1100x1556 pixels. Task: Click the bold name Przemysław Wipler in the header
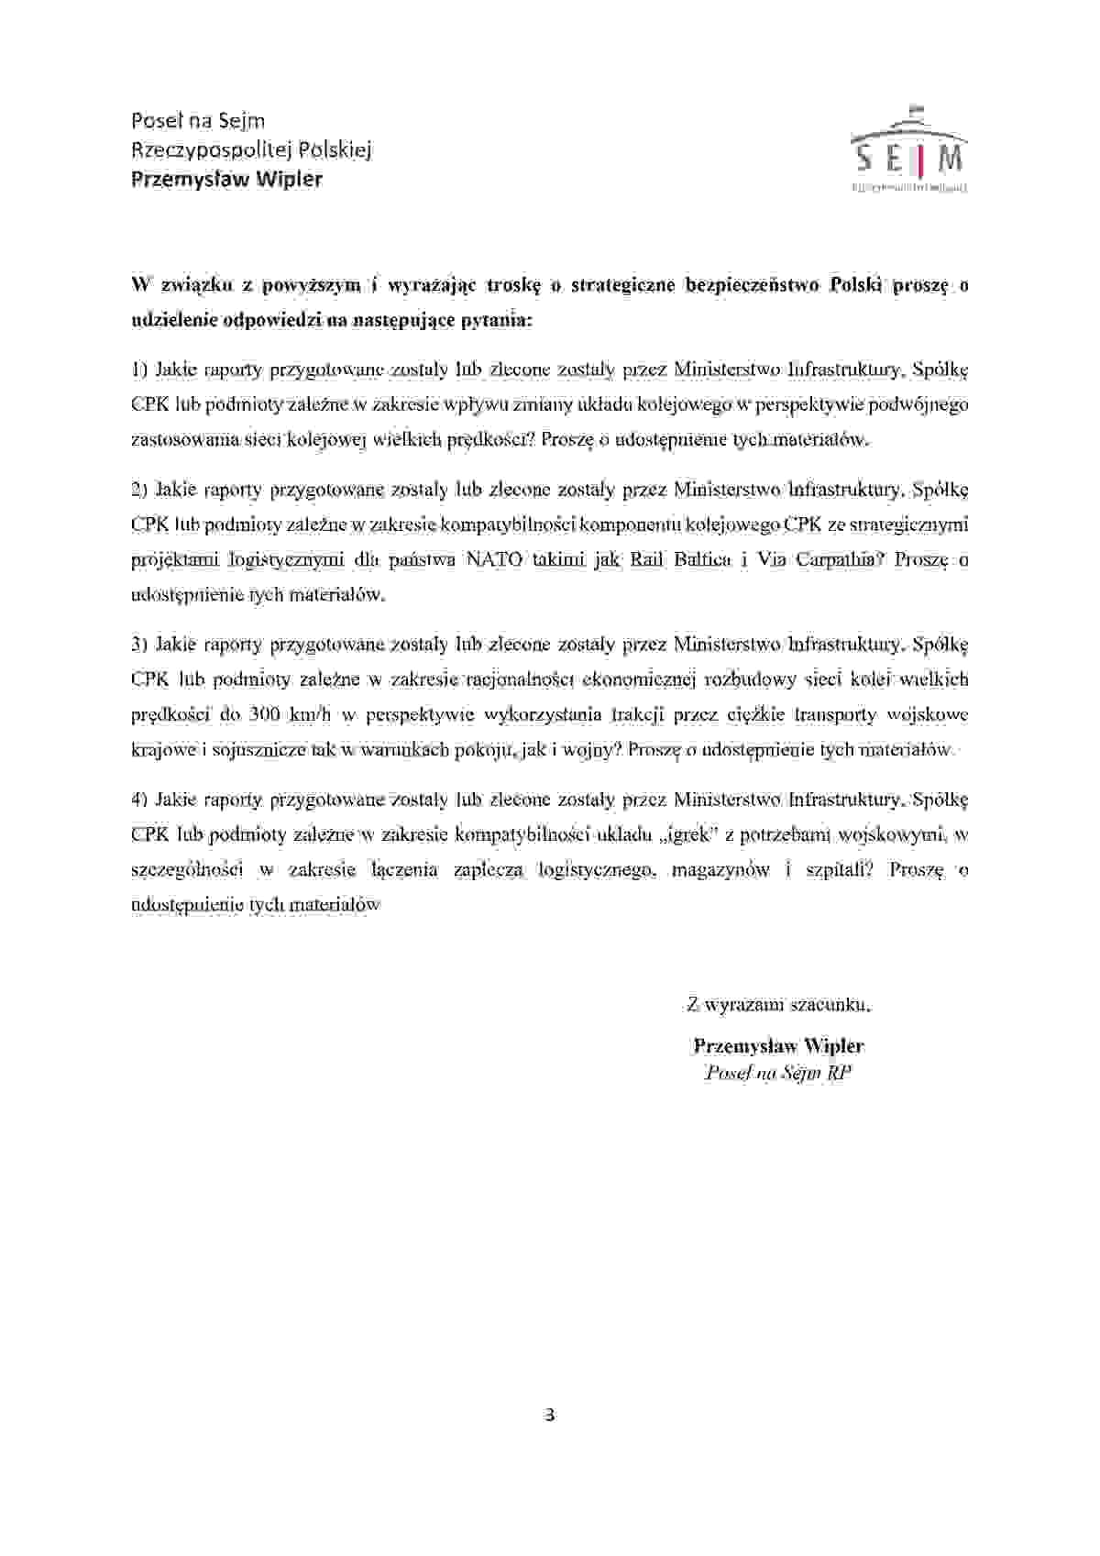click(x=226, y=179)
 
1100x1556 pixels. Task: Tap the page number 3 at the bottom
click(x=550, y=1414)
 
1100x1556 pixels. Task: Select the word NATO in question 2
click(x=494, y=559)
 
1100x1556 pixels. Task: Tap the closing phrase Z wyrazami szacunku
click(x=778, y=1004)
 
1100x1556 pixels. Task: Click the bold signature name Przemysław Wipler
click(x=778, y=1045)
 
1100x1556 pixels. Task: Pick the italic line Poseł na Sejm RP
click(x=778, y=1073)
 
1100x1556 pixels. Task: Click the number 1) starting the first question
click(x=139, y=370)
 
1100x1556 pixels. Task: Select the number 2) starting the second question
click(x=139, y=489)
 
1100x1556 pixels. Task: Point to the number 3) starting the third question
click(x=139, y=644)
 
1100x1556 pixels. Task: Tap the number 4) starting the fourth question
click(x=139, y=800)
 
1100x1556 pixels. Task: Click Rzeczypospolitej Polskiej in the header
click(x=251, y=149)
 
